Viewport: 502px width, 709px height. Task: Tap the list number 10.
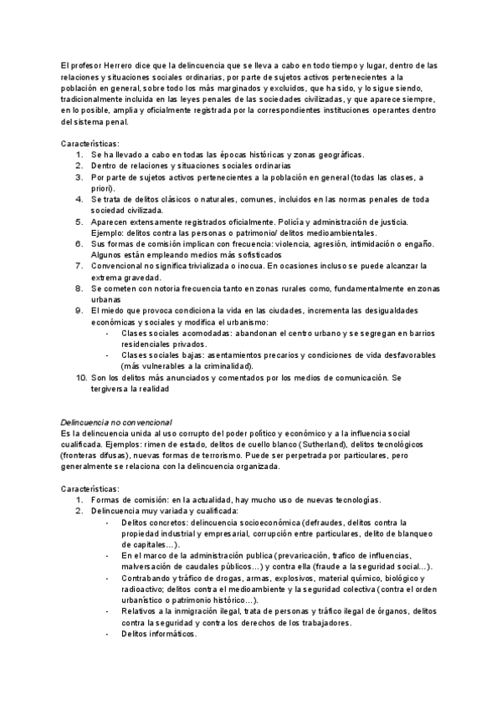click(81, 378)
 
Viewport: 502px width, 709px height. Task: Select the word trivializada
click(188, 265)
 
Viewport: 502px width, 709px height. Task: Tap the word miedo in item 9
click(110, 310)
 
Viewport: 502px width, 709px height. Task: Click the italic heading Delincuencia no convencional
click(117, 423)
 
